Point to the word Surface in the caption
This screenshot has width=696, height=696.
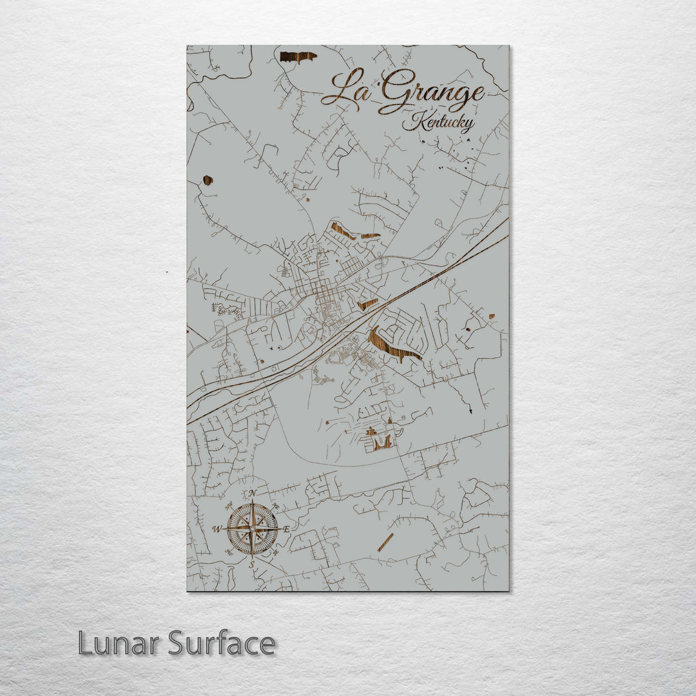coord(222,643)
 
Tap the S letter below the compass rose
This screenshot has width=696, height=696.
coord(253,565)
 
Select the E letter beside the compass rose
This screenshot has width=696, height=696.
coord(286,529)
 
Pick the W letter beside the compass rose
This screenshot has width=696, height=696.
coord(218,529)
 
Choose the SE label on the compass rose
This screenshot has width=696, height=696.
coord(275,552)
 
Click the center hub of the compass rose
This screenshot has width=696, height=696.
coord(253,529)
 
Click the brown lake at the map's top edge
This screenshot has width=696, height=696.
coord(298,57)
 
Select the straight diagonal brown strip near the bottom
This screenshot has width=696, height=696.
coord(385,542)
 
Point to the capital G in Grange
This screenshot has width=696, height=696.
coord(394,93)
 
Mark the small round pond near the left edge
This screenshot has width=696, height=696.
coord(208,180)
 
